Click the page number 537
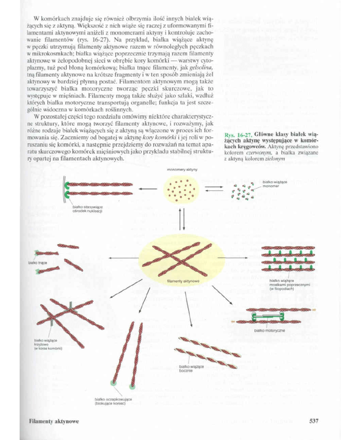(x=313, y=421)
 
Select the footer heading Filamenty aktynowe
(x=54, y=421)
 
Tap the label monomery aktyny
(x=182, y=169)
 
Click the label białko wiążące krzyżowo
(x=47, y=344)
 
